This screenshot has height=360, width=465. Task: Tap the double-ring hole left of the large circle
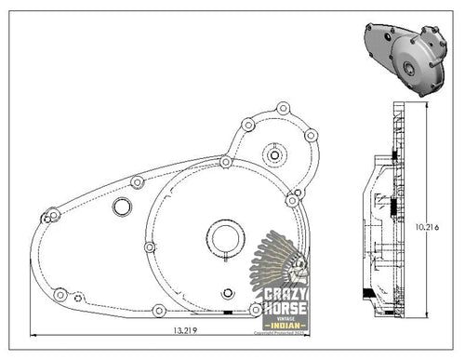[120, 206]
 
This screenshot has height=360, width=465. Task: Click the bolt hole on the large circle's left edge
[149, 247]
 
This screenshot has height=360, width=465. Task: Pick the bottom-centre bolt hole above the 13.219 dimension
[159, 309]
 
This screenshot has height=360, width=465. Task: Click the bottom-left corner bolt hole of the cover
[60, 295]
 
